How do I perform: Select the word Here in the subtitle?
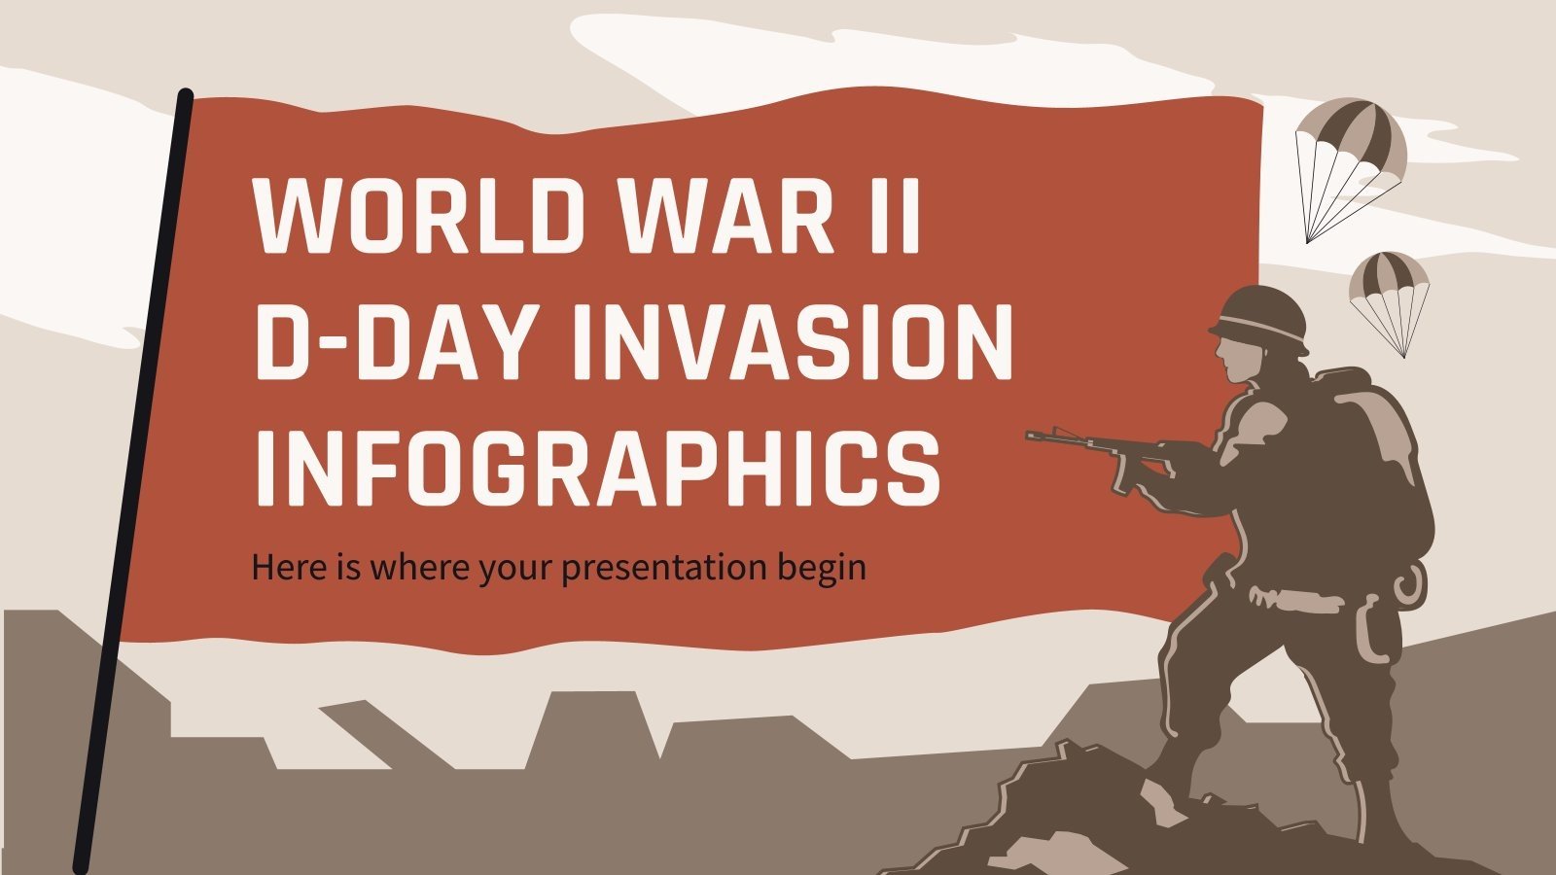(283, 566)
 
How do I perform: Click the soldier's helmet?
(1258, 316)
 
